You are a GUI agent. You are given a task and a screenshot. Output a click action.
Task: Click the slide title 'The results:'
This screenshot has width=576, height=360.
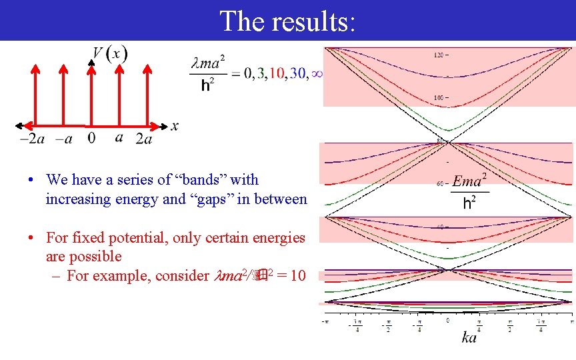pyautogui.click(x=287, y=21)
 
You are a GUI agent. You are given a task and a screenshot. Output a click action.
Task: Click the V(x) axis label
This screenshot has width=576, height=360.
pyautogui.click(x=110, y=53)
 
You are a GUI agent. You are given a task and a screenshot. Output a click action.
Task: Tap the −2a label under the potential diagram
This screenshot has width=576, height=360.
pyautogui.click(x=32, y=139)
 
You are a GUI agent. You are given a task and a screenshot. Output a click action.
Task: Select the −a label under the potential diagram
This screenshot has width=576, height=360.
pyautogui.click(x=63, y=139)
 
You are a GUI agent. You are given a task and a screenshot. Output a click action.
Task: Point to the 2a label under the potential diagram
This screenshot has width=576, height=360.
pyautogui.click(x=143, y=139)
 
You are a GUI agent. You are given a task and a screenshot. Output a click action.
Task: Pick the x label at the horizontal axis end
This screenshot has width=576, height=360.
pyautogui.click(x=175, y=125)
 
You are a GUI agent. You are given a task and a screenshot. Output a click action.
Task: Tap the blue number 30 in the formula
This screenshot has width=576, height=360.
pyautogui.click(x=297, y=74)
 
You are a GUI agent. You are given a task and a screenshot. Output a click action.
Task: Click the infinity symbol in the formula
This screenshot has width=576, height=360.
pyautogui.click(x=317, y=74)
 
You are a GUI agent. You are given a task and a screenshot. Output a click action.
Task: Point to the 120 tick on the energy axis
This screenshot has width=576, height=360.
pyautogui.click(x=439, y=55)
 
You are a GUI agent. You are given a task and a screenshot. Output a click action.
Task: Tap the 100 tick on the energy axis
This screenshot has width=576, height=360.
pyautogui.click(x=439, y=98)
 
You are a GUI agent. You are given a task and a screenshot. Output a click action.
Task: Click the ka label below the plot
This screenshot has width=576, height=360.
pyautogui.click(x=469, y=338)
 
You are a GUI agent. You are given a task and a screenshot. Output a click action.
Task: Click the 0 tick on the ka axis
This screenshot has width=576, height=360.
pyautogui.click(x=448, y=321)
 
